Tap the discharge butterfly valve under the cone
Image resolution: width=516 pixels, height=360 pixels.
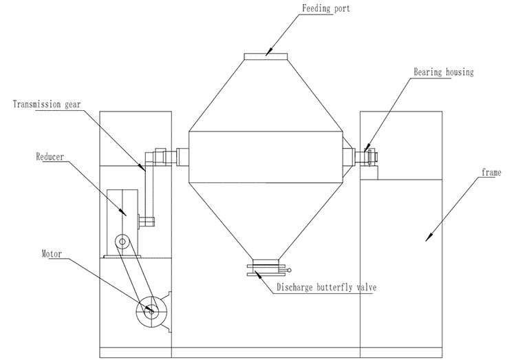point(267,268)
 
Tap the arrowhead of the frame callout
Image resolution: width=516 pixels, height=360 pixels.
point(429,237)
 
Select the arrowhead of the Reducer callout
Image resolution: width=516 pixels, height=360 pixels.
point(126,214)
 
